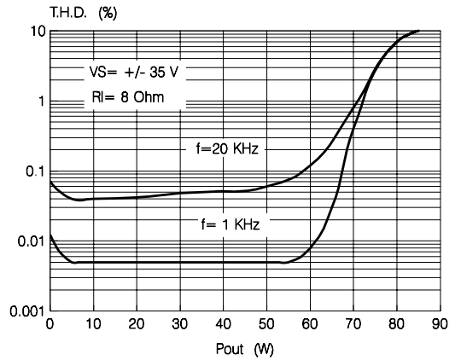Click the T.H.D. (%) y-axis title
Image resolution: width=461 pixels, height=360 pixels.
tap(84, 13)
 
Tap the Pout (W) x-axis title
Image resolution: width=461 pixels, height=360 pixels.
tap(245, 350)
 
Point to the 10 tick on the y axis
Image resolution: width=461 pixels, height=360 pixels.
tap(37, 32)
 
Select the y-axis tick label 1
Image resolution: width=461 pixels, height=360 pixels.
tap(41, 102)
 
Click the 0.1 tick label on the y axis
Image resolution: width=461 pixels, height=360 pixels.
tap(35, 171)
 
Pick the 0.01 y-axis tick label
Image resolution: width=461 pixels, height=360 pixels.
tap(32, 241)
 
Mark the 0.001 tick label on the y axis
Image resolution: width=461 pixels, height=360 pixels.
tap(27, 311)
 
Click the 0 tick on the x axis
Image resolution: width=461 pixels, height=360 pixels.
tap(50, 324)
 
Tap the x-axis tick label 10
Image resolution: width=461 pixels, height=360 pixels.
tap(93, 324)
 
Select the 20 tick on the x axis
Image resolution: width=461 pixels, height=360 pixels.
tap(137, 324)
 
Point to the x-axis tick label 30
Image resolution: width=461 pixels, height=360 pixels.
tap(180, 324)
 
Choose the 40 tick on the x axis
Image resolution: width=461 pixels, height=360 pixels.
tap(223, 324)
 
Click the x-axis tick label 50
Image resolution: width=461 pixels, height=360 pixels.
tap(266, 324)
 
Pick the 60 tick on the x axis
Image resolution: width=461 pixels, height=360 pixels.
tap(310, 324)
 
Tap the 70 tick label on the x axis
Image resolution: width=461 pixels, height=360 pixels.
tap(353, 324)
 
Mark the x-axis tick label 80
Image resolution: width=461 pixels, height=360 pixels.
tap(397, 324)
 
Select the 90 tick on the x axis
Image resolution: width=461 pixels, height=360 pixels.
tap(440, 324)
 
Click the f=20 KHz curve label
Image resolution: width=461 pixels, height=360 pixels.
tap(227, 148)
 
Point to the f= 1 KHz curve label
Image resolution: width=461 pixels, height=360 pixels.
tap(230, 225)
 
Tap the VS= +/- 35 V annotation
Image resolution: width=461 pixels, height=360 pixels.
tap(134, 73)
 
